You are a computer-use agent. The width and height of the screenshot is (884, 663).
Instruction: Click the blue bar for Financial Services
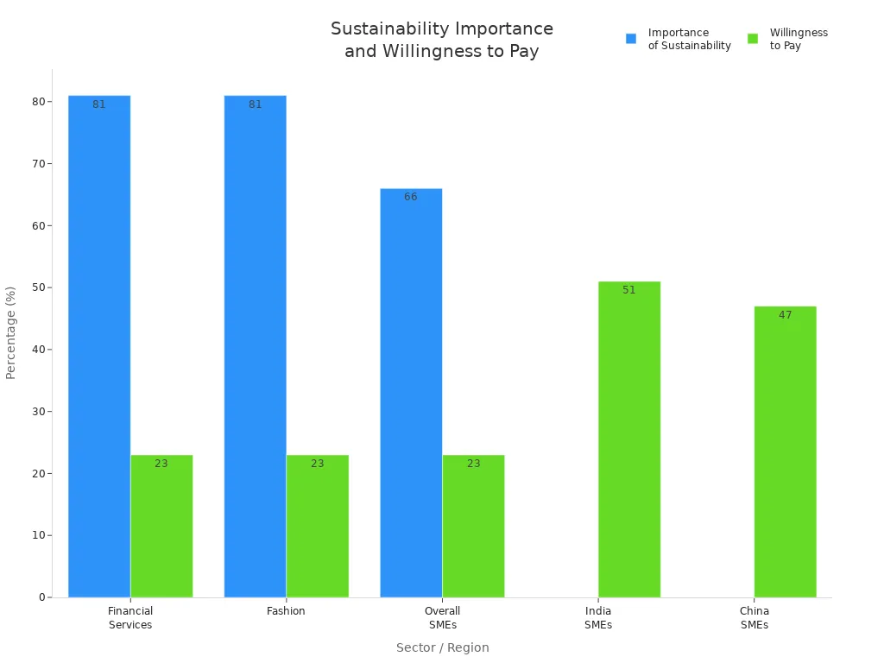point(99,345)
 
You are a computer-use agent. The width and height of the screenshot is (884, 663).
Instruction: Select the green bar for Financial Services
point(161,526)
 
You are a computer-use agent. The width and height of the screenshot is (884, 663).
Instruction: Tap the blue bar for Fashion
point(255,345)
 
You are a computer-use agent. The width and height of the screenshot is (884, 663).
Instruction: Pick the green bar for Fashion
point(318,526)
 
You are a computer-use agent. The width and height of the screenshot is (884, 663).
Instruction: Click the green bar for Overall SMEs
point(473,526)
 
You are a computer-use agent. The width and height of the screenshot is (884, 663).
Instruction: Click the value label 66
point(411,197)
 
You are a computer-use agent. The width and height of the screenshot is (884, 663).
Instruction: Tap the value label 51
point(629,290)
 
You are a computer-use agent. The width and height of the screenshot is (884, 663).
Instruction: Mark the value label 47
point(785,315)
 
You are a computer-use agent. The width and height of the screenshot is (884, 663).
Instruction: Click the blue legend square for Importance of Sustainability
point(631,39)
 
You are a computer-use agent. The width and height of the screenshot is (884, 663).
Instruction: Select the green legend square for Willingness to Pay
point(753,39)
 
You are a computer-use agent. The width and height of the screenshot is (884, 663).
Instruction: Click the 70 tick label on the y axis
point(39,164)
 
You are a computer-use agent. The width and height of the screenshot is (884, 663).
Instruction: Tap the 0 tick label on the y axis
point(41,597)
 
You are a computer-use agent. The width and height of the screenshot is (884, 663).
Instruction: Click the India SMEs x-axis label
point(597,618)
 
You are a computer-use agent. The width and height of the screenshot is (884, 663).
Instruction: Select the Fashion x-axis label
point(286,611)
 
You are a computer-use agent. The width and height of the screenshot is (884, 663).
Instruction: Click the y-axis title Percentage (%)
point(11,332)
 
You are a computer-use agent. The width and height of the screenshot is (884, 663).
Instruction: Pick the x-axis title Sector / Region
point(442,647)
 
